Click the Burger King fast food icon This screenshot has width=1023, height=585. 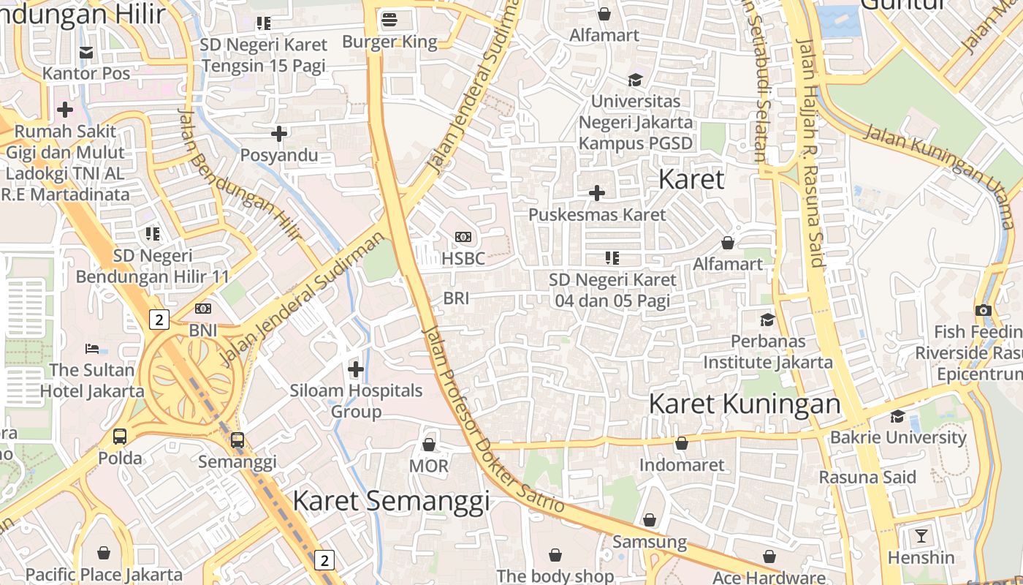point(389,20)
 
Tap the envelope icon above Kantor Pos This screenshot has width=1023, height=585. point(86,52)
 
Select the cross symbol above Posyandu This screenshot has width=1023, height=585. point(278,134)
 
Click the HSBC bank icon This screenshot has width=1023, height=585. point(463,237)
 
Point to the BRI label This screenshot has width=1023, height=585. point(456,298)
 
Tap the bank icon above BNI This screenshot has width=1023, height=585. point(203,309)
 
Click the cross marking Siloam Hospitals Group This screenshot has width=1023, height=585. point(356,369)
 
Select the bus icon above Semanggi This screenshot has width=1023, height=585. point(237,440)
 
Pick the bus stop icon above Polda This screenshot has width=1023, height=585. point(120,437)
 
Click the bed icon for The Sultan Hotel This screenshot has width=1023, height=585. point(92,348)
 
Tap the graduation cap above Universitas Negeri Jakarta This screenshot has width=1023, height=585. point(635,80)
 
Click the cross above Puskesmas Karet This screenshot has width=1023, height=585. point(597,193)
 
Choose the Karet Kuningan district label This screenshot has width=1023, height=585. point(745,404)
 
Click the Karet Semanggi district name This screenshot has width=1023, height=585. point(391,501)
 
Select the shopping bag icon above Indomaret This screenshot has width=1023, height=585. point(682,443)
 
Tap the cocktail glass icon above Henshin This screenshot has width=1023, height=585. point(921,536)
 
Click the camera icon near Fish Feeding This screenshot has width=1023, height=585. point(984,310)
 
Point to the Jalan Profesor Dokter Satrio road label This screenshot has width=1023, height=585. point(493,420)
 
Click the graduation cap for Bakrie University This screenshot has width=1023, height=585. point(897,416)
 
